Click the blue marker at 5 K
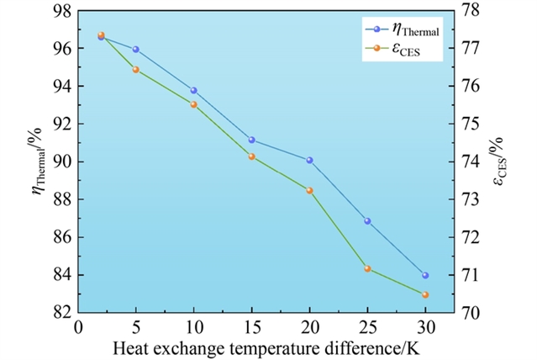click(x=136, y=50)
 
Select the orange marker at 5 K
click(x=136, y=70)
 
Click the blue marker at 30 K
click(x=425, y=275)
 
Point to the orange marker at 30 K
click(x=425, y=294)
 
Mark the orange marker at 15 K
click(x=252, y=156)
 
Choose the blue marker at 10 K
click(x=194, y=90)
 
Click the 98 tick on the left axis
click(x=64, y=11)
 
